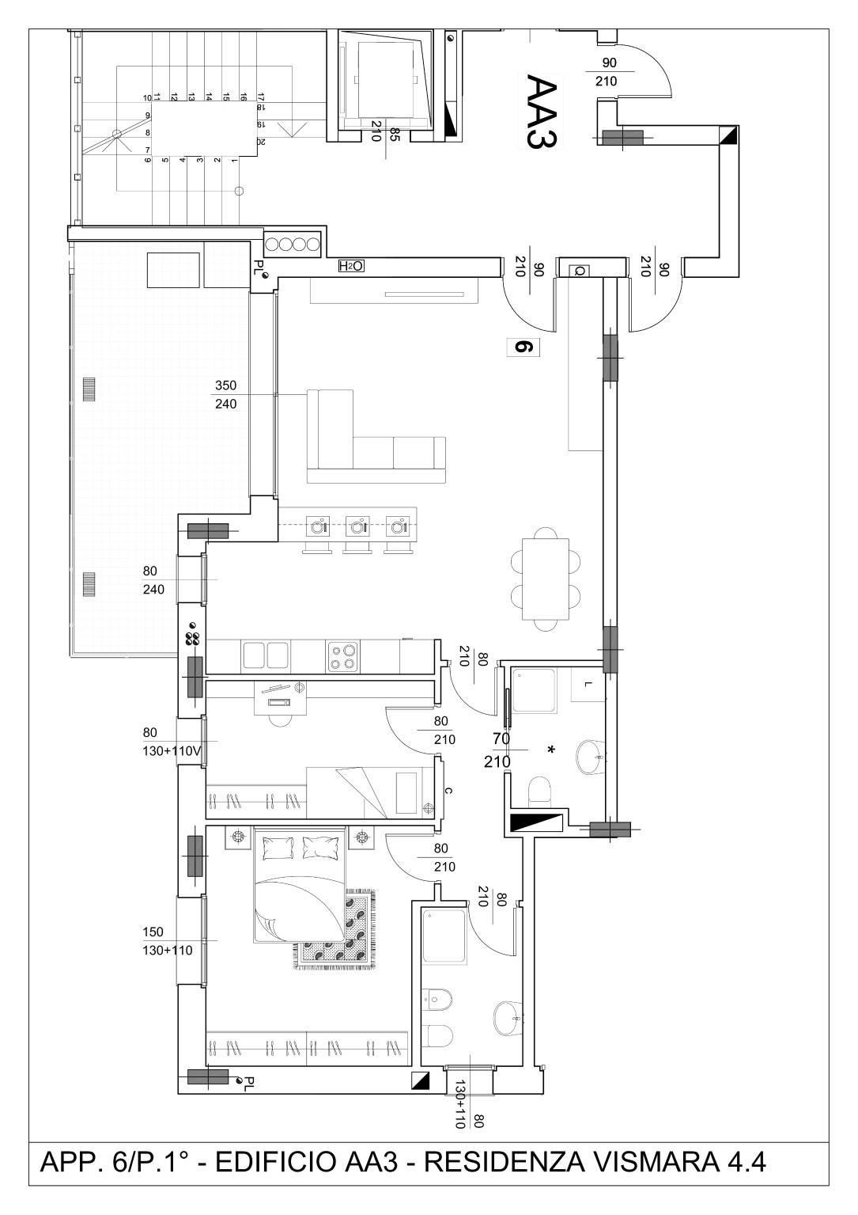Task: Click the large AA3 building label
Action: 542,111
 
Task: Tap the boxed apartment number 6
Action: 524,347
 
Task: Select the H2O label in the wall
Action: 350,266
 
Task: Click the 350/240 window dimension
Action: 226,394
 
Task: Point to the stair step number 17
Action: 261,97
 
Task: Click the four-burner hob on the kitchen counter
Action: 342,657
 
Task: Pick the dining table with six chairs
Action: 546,579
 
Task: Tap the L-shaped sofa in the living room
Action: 376,436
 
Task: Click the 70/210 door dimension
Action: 499,750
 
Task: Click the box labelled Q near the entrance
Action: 580,271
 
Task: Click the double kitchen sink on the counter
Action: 266,655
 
